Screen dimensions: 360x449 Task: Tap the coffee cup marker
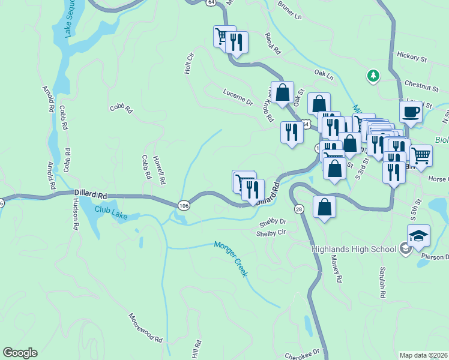pos(411,112)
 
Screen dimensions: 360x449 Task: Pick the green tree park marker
pos(373,76)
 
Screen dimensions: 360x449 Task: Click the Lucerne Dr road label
pos(238,98)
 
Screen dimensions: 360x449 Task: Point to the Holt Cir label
pos(190,64)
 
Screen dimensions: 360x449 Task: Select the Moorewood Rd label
pos(146,328)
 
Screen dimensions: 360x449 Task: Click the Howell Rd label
pos(158,170)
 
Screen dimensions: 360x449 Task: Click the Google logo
pos(20,353)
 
